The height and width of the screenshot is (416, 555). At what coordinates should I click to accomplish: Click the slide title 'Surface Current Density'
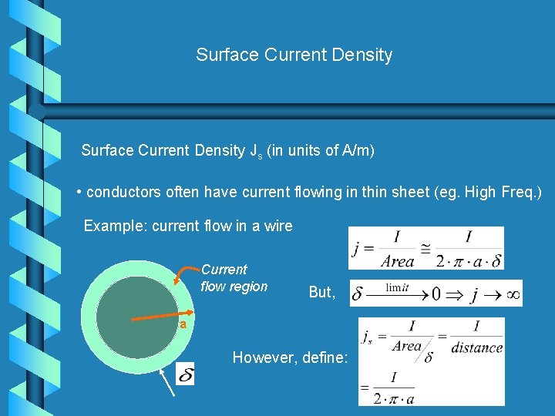[x=294, y=55]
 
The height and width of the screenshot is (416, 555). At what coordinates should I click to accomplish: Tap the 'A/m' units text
[x=356, y=150]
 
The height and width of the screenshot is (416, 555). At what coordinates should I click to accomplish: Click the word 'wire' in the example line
[x=277, y=226]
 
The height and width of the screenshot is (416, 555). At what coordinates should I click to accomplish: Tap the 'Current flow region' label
[x=234, y=278]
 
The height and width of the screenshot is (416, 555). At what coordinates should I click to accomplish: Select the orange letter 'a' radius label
[x=183, y=324]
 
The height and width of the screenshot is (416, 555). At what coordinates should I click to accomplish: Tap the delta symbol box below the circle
[x=186, y=375]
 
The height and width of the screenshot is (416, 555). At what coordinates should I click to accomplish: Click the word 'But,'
[x=322, y=293]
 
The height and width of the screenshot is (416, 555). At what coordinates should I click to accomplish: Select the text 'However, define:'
[x=290, y=357]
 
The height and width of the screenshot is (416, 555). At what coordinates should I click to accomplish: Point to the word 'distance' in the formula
[x=476, y=347]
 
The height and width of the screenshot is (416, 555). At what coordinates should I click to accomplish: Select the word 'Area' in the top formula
[x=397, y=261]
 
